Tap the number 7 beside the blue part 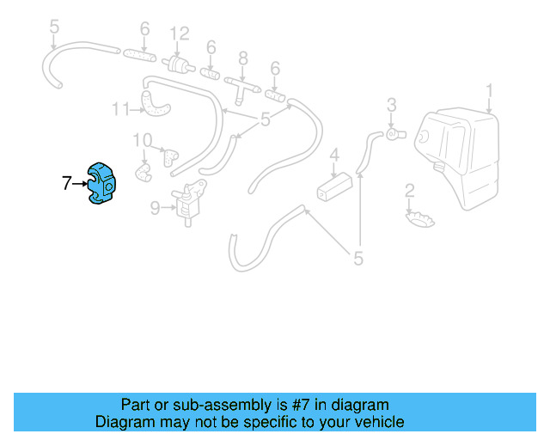66,182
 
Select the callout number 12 179,34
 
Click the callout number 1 489,89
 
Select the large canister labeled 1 460,155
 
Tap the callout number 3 391,105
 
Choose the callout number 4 335,155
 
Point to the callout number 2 410,190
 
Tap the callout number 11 119,109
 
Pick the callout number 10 142,140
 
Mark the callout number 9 155,206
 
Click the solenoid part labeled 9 189,204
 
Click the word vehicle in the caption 372,422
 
